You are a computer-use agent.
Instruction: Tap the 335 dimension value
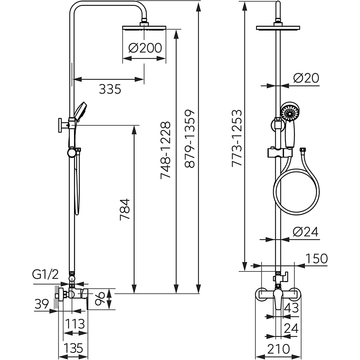[110, 89]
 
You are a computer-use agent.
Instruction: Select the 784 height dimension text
[125, 210]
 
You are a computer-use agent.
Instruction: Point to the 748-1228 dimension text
[166, 150]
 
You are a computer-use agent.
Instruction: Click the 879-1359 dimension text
[190, 139]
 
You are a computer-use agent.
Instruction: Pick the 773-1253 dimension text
[237, 138]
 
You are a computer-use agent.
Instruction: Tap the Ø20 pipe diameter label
[306, 78]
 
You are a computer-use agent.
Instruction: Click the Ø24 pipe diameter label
[306, 232]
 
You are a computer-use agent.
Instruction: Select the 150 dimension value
[316, 258]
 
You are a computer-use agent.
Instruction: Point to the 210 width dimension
[279, 348]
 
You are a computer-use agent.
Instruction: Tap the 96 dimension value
[101, 298]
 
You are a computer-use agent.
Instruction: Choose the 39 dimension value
[42, 304]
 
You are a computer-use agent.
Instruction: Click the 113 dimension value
[75, 324]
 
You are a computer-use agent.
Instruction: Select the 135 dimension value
[73, 348]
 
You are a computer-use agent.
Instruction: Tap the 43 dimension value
[291, 308]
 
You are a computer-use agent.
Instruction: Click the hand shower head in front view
[290, 112]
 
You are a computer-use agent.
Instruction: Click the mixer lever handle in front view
[278, 299]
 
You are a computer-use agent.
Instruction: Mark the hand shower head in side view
[80, 111]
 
